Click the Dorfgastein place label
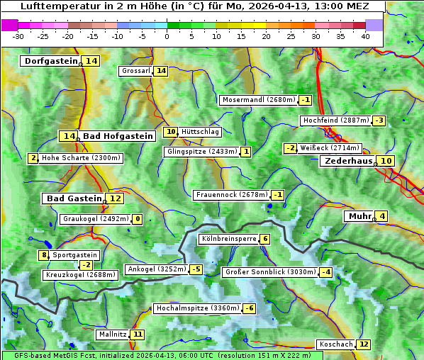[x=50, y=61]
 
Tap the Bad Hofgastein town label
[x=117, y=136]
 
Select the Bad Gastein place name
[x=74, y=198]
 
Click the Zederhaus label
[x=348, y=161]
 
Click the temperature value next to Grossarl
[x=161, y=71]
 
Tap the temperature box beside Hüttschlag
[x=170, y=132]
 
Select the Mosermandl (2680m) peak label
[x=258, y=100]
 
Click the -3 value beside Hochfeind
[x=379, y=120]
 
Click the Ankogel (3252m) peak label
[x=156, y=269]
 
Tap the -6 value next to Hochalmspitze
[x=249, y=309]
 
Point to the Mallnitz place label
[x=112, y=334]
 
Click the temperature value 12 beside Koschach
[x=364, y=344]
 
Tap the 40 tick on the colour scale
[x=365, y=35]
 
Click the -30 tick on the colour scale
[x=18, y=35]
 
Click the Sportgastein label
[x=75, y=255]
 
